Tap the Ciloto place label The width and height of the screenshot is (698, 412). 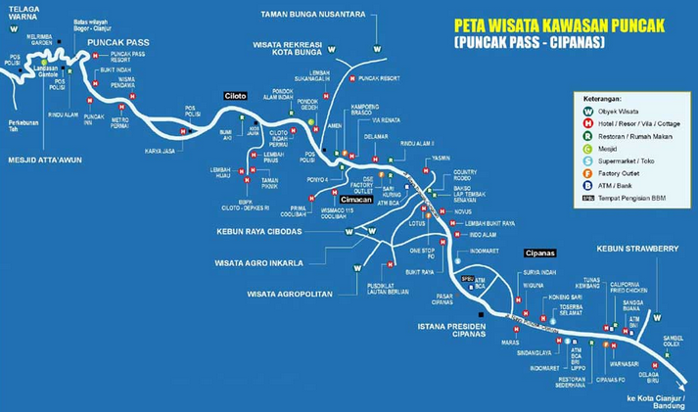(x=234, y=95)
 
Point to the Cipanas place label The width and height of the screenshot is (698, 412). (x=539, y=252)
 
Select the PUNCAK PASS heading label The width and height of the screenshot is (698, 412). (x=116, y=43)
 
